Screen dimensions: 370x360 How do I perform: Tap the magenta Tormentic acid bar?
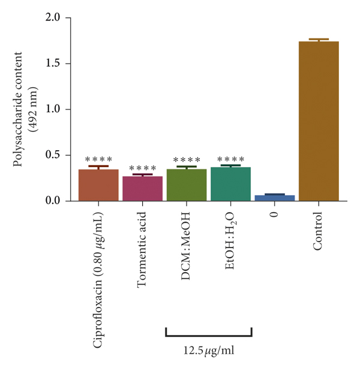point(142,188)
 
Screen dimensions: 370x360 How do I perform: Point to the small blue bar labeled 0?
point(275,198)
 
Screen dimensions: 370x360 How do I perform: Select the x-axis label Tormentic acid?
point(142,247)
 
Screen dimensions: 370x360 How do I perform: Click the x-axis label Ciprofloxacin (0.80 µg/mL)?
point(98,279)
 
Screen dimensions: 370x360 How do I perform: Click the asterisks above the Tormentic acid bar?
point(142,169)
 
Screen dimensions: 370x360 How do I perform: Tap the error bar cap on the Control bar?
point(319,39)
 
